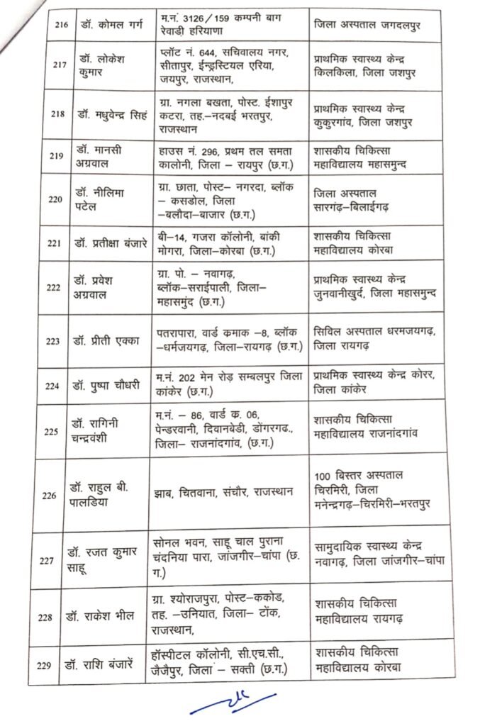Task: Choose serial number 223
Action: click(x=54, y=340)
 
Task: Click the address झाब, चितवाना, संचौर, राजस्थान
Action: click(x=222, y=493)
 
